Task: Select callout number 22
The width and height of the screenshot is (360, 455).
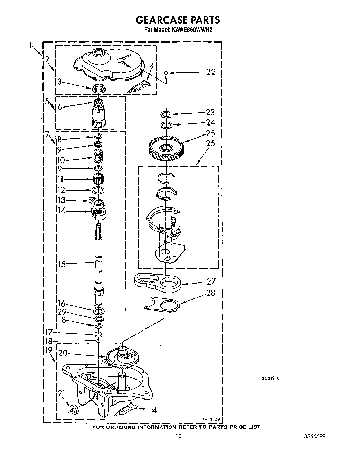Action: pos(211,72)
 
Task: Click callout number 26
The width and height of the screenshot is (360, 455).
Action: pos(210,143)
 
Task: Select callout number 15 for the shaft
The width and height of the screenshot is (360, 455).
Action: pos(62,264)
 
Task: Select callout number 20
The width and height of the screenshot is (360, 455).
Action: pos(63,353)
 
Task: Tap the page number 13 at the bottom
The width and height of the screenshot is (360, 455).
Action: pos(178,436)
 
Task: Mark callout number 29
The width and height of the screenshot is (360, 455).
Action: pos(62,312)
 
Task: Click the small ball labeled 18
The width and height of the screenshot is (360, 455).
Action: pos(98,341)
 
